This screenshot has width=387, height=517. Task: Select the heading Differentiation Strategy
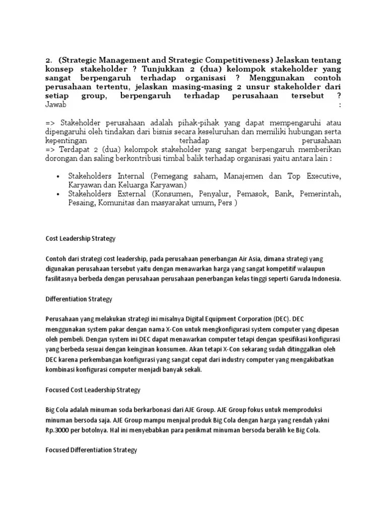pyautogui.click(x=79, y=299)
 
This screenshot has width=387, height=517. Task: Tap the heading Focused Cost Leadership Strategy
pyautogui.click(x=93, y=390)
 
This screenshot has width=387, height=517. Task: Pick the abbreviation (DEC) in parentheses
pyautogui.click(x=283, y=319)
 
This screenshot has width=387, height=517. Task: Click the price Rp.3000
pyautogui.click(x=59, y=430)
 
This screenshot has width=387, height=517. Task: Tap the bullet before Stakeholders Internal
pyautogui.click(x=58, y=177)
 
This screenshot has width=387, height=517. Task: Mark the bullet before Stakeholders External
pyautogui.click(x=58, y=194)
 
